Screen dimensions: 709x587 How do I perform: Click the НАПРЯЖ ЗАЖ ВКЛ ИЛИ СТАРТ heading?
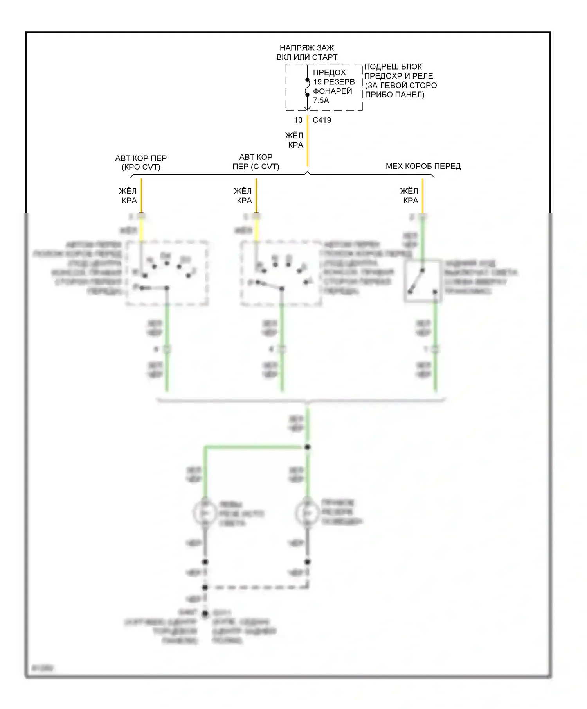(x=307, y=52)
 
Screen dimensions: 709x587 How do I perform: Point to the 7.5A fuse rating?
(x=321, y=101)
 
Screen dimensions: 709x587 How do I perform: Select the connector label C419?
(x=322, y=120)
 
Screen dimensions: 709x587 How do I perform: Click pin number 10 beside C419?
(x=298, y=120)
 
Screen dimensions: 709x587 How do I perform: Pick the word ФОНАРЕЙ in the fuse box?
(x=332, y=91)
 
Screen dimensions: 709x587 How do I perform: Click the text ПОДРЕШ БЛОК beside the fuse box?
(x=393, y=67)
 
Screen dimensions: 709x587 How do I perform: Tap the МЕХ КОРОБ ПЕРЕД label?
(x=423, y=166)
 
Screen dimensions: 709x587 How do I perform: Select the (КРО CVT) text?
(x=141, y=167)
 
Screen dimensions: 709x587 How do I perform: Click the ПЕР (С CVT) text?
(x=256, y=167)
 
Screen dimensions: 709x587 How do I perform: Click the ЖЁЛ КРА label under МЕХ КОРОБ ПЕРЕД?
(x=409, y=196)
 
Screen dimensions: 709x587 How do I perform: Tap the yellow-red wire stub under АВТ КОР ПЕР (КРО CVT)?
(x=142, y=195)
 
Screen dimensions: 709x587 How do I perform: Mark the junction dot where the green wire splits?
(x=308, y=447)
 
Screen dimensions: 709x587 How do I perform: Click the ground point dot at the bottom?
(x=205, y=614)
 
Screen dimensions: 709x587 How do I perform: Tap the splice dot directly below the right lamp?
(x=308, y=562)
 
